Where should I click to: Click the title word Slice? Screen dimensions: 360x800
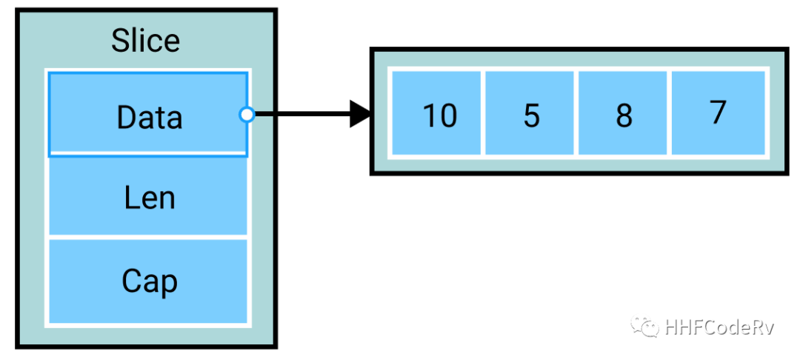point(146,40)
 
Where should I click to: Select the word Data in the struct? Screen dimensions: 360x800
point(149,117)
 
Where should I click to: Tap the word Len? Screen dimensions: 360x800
point(149,198)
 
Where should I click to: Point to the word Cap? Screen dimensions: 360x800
point(149,282)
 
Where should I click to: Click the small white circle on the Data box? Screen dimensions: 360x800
point(247,115)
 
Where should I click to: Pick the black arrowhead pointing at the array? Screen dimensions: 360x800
point(361,115)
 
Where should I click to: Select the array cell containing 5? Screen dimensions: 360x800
point(530,113)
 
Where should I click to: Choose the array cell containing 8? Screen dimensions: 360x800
point(624,113)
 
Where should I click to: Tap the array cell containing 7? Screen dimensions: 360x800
point(718,113)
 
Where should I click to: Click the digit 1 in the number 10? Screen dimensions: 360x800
point(428,116)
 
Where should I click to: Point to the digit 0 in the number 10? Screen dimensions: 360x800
point(447,116)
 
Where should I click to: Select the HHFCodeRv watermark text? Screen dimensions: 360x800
point(719,327)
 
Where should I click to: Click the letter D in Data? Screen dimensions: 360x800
point(126,117)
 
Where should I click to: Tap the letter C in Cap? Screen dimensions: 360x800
point(131,281)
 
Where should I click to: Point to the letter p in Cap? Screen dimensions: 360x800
point(168,284)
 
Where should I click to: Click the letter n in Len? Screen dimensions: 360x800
point(167,199)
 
